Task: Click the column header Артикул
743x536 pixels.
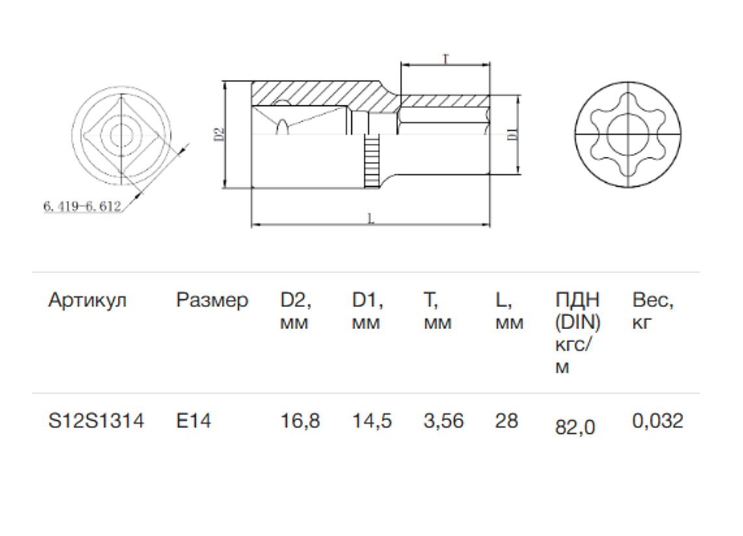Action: click(x=87, y=301)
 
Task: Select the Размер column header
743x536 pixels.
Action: click(x=212, y=301)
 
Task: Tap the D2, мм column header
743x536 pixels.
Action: click(x=295, y=311)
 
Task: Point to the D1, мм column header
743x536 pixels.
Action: click(x=367, y=311)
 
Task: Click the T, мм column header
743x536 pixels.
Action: click(x=437, y=311)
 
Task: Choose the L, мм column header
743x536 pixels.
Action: click(x=509, y=311)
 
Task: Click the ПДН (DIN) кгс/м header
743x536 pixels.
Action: click(x=578, y=333)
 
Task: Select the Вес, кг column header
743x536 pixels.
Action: click(x=653, y=311)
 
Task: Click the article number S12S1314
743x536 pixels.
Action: click(x=96, y=421)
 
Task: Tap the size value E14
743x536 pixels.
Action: click(x=193, y=421)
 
